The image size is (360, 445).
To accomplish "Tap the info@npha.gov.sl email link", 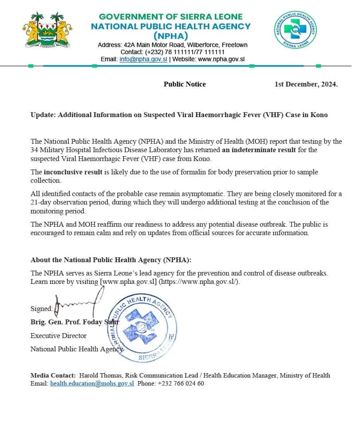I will point(143,59).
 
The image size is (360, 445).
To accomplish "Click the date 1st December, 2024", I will point(306,84).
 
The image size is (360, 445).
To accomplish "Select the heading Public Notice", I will point(185,84).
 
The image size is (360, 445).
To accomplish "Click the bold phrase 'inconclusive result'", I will point(73,172).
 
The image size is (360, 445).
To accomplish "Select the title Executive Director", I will point(59,335).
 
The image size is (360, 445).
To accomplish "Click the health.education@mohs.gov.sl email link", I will point(92,384).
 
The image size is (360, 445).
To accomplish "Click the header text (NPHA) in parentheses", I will point(171,36).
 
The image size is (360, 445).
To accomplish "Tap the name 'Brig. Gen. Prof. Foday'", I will point(67,322).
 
